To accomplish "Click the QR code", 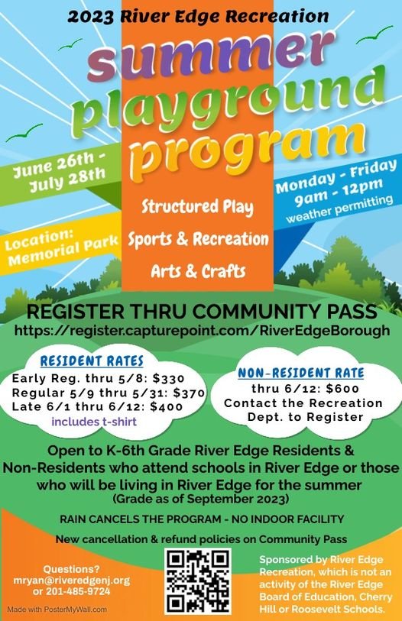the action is [x=198, y=581].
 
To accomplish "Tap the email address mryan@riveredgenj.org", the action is [x=72, y=581].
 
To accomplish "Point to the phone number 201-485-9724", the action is [x=78, y=592].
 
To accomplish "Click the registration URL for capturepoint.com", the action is [x=202, y=330].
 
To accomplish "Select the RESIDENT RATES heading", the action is [x=92, y=361].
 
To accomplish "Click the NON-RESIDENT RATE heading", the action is [x=301, y=373].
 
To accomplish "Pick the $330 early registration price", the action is [x=169, y=378].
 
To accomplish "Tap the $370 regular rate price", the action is [x=189, y=393].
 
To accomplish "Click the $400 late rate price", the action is [x=167, y=406].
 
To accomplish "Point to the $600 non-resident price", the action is [x=342, y=389].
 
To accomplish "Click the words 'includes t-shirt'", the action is [x=94, y=422].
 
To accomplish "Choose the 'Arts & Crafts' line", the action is [x=198, y=271].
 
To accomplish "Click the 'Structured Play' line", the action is [x=197, y=207].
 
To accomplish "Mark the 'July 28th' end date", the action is [x=67, y=180].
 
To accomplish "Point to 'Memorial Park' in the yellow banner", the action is [x=63, y=250].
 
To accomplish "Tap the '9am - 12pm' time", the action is [x=339, y=192].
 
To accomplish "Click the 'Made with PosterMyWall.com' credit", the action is [x=57, y=609].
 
